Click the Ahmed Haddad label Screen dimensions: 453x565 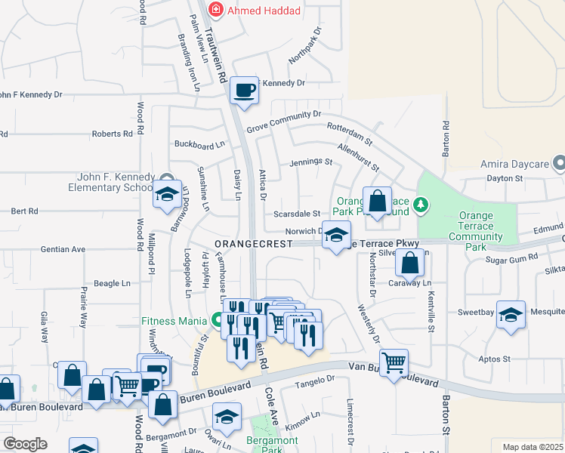click(264, 11)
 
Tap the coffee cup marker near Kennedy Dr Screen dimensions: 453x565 click(244, 91)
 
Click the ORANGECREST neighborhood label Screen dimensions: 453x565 click(253, 244)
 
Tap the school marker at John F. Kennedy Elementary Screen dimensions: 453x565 click(168, 196)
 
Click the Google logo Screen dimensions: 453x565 click(25, 444)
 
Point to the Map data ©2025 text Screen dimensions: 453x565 click(533, 447)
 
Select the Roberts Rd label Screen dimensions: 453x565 click(112, 134)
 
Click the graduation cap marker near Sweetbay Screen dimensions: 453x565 click(511, 315)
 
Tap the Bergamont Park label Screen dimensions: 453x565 click(271, 445)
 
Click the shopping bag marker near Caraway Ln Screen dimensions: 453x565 click(409, 264)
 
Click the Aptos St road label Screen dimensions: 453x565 click(496, 359)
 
